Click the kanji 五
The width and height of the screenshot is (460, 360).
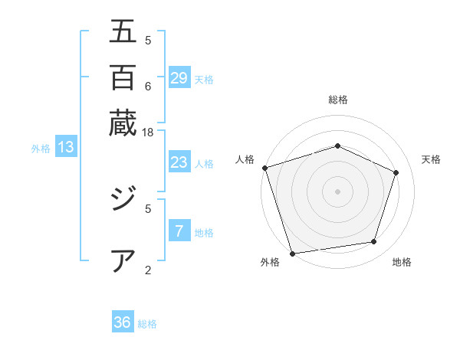pos(123,32)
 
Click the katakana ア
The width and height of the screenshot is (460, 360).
pos(123,260)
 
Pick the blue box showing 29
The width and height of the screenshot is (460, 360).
pos(179,78)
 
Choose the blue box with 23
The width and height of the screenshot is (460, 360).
pos(179,162)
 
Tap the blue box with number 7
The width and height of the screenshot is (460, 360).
pos(179,231)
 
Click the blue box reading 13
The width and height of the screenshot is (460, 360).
pos(66,148)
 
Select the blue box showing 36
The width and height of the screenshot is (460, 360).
pos(123,322)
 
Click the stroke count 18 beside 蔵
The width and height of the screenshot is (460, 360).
pos(148,132)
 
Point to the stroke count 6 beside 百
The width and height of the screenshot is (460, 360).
pos(148,85)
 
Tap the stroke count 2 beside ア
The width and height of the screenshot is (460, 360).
pos(148,269)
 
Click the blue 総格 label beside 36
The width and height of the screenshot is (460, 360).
pos(147,324)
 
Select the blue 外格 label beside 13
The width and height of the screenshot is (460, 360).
pos(41,149)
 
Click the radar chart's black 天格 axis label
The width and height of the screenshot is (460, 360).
pos(431,159)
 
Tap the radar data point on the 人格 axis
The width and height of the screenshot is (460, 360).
pos(264,168)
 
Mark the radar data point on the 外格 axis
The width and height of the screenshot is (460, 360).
pos(292,253)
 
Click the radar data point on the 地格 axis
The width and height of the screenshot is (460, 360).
pos(374,242)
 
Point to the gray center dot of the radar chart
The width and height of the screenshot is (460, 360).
pos(337,191)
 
